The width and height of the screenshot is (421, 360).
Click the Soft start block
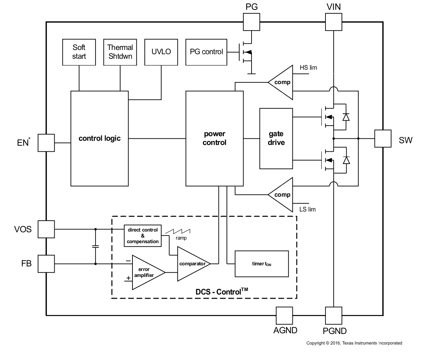(79, 52)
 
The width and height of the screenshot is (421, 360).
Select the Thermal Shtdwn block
(120, 52)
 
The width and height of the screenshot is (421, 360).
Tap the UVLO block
(161, 52)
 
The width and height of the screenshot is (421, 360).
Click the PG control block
(206, 52)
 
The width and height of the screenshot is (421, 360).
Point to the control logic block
(100, 138)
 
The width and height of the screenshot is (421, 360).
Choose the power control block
(214, 138)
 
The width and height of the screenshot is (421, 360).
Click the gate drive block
(276, 138)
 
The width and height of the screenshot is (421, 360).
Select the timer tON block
(261, 264)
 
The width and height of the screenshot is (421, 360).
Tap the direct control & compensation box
(143, 236)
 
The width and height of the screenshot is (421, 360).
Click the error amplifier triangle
(146, 272)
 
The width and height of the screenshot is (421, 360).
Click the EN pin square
(46, 143)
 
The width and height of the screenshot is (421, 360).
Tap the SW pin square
(383, 138)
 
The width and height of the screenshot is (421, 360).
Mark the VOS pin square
(46, 229)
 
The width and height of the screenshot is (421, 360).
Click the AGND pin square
(284, 315)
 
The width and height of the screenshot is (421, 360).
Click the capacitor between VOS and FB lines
(95, 246)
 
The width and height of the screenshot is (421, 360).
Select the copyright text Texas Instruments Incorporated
(354, 343)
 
